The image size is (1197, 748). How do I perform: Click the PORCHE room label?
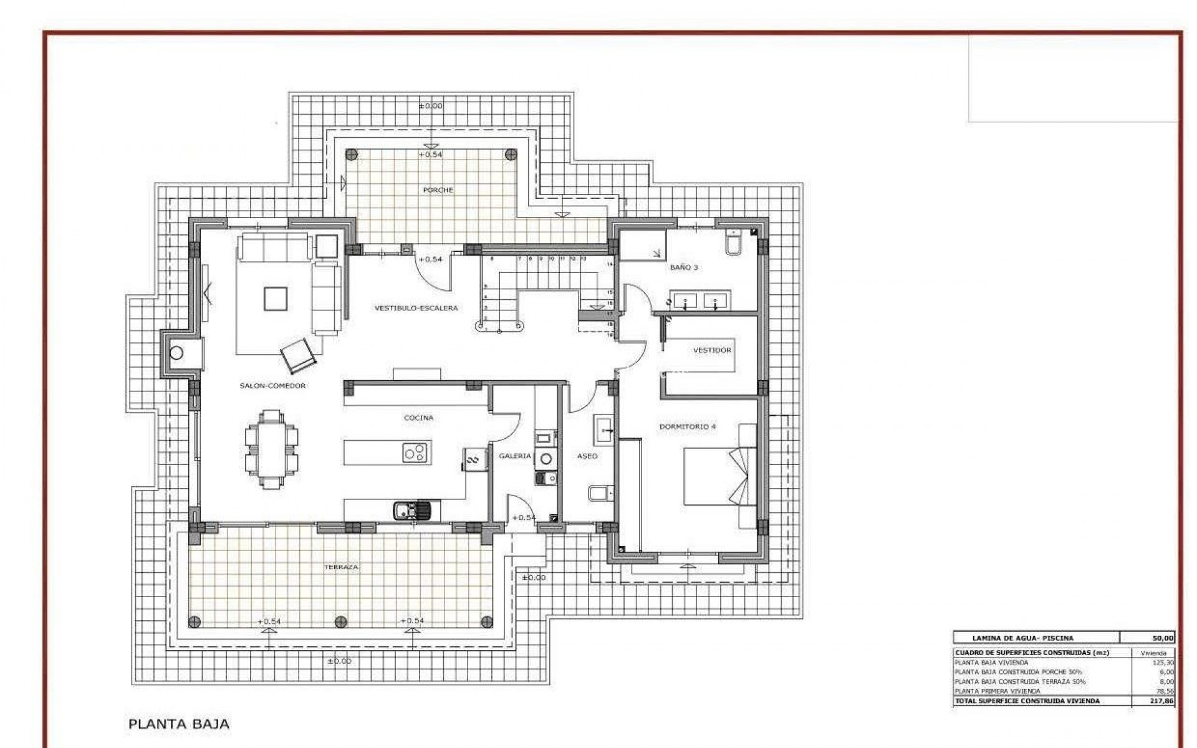point(438,190)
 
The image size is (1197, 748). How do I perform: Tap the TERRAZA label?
point(341,568)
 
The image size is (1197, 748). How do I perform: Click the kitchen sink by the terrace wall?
point(416,511)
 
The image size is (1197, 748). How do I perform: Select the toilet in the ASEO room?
point(597,494)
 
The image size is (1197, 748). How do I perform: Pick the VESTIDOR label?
point(712,351)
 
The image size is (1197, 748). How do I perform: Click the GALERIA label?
point(515,456)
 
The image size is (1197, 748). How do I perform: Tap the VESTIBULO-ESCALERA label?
point(416,308)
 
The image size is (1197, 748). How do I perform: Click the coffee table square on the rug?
point(276,298)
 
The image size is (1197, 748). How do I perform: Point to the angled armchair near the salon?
point(300,353)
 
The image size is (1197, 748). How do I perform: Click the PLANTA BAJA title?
point(179,724)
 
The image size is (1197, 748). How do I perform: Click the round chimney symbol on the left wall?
point(176,353)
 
